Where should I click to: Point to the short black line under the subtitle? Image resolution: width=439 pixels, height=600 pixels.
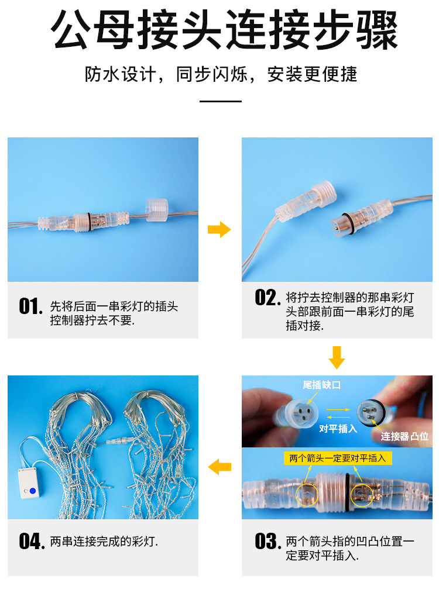coord(220,101)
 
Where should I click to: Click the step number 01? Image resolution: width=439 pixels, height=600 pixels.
coord(30,306)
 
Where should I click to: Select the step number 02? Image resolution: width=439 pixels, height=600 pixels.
coord(267,298)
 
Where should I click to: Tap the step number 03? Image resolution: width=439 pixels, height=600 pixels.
coord(267,542)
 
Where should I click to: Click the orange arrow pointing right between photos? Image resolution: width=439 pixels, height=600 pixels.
coord(220,229)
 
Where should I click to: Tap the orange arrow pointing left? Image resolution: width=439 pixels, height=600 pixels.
coord(220,467)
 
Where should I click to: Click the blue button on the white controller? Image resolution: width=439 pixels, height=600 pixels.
coord(33,491)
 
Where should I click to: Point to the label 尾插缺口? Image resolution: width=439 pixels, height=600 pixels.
coord(321,385)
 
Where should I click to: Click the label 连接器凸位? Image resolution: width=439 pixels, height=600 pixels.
coord(404,436)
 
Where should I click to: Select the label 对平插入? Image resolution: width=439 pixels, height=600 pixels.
coord(338,429)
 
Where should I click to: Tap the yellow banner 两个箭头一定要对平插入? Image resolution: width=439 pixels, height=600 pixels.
coord(337,458)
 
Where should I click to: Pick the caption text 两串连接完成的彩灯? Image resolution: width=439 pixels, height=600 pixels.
coord(104,542)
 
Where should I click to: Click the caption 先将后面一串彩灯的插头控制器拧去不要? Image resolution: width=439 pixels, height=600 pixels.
coord(114,313)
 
